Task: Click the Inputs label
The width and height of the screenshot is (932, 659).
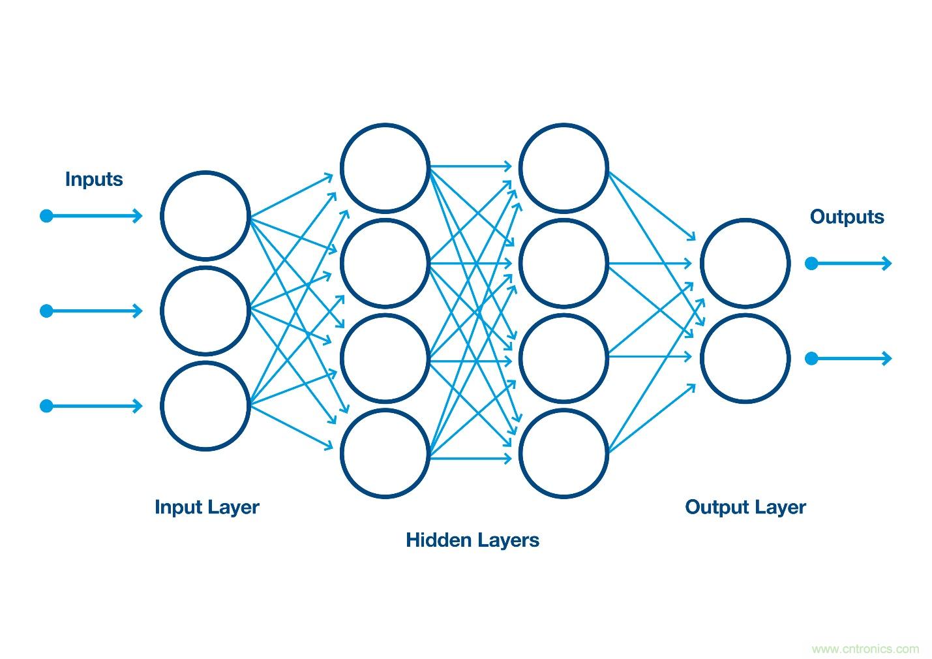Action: click(x=94, y=179)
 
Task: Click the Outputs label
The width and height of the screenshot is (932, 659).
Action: click(x=847, y=217)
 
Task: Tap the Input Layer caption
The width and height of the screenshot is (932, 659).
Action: click(x=207, y=507)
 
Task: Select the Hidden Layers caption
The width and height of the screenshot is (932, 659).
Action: click(x=472, y=540)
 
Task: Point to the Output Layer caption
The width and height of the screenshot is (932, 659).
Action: click(x=745, y=507)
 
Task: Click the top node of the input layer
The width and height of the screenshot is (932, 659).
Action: click(x=205, y=216)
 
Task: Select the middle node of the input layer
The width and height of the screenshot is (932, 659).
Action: click(x=205, y=311)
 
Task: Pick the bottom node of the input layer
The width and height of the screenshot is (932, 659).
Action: click(x=205, y=406)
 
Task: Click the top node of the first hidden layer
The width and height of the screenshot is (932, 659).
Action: click(x=385, y=168)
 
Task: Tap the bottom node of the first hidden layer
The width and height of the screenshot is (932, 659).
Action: click(x=385, y=453)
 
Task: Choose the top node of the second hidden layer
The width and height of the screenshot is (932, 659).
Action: click(x=564, y=168)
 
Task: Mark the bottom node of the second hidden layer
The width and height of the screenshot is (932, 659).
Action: click(x=564, y=453)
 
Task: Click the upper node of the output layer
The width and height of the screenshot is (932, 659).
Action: click(x=745, y=263)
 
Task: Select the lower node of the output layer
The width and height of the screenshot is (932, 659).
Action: click(x=745, y=358)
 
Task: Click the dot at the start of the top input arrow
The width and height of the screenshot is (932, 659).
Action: click(x=46, y=216)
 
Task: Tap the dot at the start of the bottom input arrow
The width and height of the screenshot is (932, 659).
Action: click(x=46, y=406)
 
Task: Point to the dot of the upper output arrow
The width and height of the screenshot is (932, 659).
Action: click(x=811, y=264)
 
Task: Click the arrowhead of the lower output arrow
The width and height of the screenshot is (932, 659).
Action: click(x=886, y=358)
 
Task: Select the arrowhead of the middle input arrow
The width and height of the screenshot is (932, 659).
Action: click(x=138, y=311)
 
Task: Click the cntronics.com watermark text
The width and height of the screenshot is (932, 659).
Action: click(x=865, y=649)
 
